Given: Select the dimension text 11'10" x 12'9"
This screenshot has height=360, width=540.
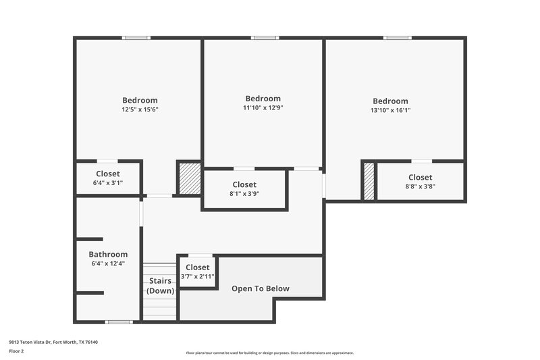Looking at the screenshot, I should (263, 107).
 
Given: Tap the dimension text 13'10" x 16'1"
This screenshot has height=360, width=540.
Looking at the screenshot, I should (390, 110).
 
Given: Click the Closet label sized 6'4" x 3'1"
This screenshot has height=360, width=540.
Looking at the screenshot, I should (108, 174).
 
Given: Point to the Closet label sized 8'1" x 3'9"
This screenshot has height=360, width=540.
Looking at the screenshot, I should (244, 184).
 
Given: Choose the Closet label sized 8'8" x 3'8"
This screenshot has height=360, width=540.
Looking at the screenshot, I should (420, 178).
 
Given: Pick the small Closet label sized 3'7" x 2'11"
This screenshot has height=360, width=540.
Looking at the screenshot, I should (198, 267).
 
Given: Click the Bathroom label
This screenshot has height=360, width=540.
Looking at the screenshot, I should (108, 255).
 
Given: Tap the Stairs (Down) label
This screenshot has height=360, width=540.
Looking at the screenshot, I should (160, 286).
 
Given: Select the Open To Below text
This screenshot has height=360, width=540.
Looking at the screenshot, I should (261, 289).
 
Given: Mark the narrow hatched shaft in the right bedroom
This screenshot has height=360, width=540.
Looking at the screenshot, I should (369, 181).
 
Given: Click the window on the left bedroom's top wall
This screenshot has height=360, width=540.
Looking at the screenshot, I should (136, 38).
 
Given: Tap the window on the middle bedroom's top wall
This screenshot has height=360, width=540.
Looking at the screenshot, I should (265, 38).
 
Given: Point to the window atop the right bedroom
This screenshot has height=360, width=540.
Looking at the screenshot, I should (398, 38).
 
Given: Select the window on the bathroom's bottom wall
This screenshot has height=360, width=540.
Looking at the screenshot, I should (119, 322).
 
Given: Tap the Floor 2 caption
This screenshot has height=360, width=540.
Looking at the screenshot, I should (17, 351).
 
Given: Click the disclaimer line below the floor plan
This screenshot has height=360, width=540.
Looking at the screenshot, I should (269, 353).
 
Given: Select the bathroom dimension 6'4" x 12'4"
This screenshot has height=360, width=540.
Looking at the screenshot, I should (108, 263).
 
